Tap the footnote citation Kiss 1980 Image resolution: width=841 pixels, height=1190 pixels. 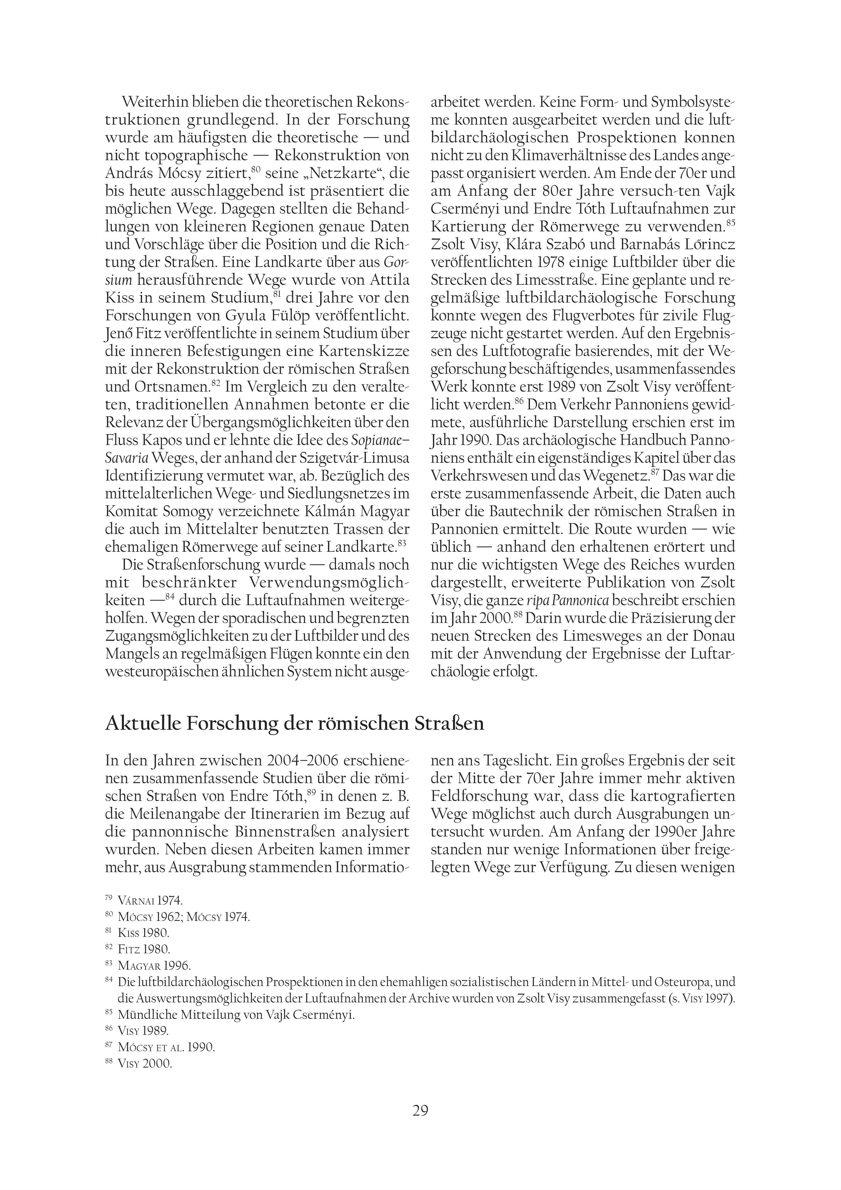pos(143,933)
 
